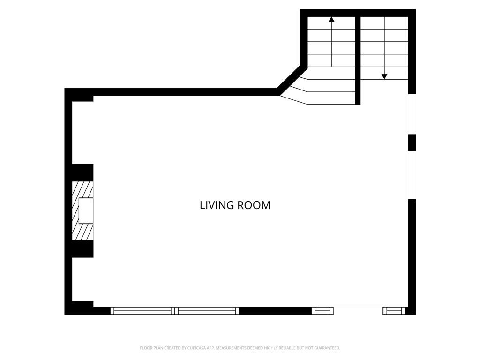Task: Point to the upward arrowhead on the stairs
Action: click(x=331, y=20)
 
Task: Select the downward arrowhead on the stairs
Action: click(x=384, y=76)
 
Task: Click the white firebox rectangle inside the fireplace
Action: click(x=86, y=211)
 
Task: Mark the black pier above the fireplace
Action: click(x=82, y=172)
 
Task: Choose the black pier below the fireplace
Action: click(x=82, y=249)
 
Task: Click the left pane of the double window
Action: click(x=142, y=311)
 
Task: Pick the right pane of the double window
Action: click(x=207, y=311)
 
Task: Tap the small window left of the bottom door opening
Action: click(x=322, y=311)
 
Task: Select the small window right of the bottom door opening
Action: click(x=394, y=311)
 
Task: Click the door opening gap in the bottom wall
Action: click(x=358, y=311)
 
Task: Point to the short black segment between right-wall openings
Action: click(x=412, y=142)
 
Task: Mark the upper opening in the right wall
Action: click(x=412, y=114)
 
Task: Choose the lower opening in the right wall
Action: click(x=412, y=175)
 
